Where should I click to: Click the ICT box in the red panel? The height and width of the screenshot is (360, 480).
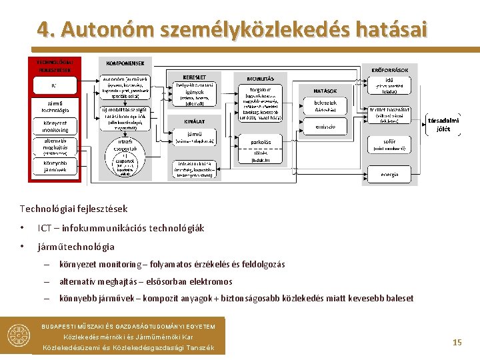click(54, 85)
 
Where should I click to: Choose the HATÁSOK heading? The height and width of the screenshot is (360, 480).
click(325, 91)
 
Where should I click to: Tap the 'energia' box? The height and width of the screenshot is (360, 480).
click(390, 175)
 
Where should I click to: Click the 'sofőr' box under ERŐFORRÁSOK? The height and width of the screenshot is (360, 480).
click(390, 144)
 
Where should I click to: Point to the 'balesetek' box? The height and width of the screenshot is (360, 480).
click(325, 105)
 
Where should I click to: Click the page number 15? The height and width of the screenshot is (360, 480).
click(457, 342)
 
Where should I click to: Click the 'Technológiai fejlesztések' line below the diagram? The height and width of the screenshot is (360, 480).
click(74, 209)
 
